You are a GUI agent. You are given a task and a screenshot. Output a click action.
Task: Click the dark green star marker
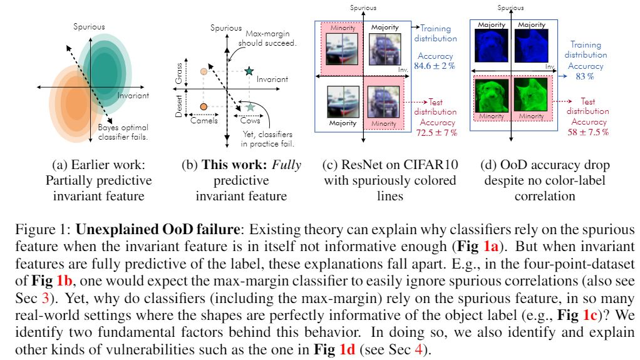[250, 71]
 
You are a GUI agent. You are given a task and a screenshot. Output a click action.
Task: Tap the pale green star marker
[250, 108]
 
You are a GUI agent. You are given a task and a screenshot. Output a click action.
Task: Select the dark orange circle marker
[204, 108]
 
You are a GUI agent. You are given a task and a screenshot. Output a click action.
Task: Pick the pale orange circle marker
[204, 71]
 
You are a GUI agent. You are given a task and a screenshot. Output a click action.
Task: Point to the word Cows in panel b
[250, 121]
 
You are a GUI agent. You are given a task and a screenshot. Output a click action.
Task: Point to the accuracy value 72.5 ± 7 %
[438, 133]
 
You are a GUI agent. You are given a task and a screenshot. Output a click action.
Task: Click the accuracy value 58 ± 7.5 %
[588, 132]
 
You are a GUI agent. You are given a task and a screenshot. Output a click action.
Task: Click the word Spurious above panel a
[90, 26]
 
